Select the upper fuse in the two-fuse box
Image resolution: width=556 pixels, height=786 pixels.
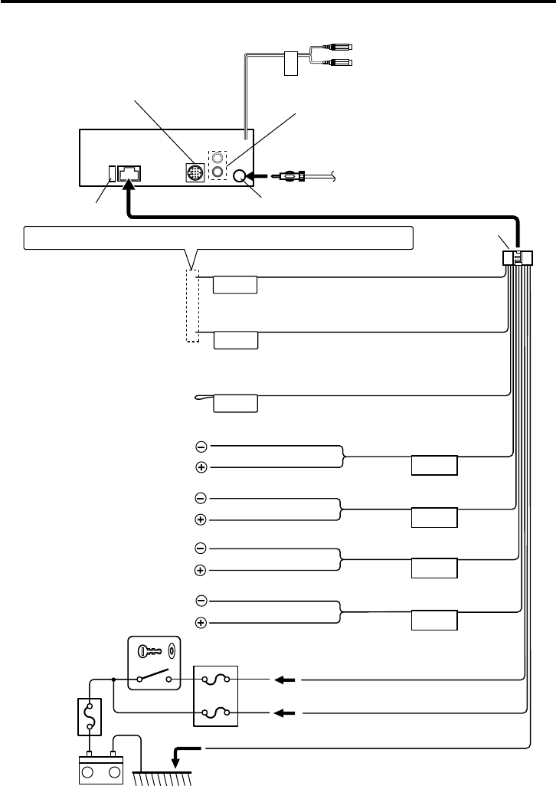pyautogui.click(x=217, y=679)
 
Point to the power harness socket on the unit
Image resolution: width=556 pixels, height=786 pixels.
pyautogui.click(x=128, y=173)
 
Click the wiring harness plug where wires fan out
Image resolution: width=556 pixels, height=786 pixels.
pyautogui.click(x=518, y=259)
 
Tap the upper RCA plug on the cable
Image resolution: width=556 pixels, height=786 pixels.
pyautogui.click(x=338, y=46)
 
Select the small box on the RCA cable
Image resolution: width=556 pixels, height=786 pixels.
pyautogui.click(x=289, y=64)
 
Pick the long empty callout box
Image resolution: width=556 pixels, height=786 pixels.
pyautogui.click(x=219, y=237)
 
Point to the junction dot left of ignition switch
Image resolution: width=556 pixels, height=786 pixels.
pyautogui.click(x=113, y=679)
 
